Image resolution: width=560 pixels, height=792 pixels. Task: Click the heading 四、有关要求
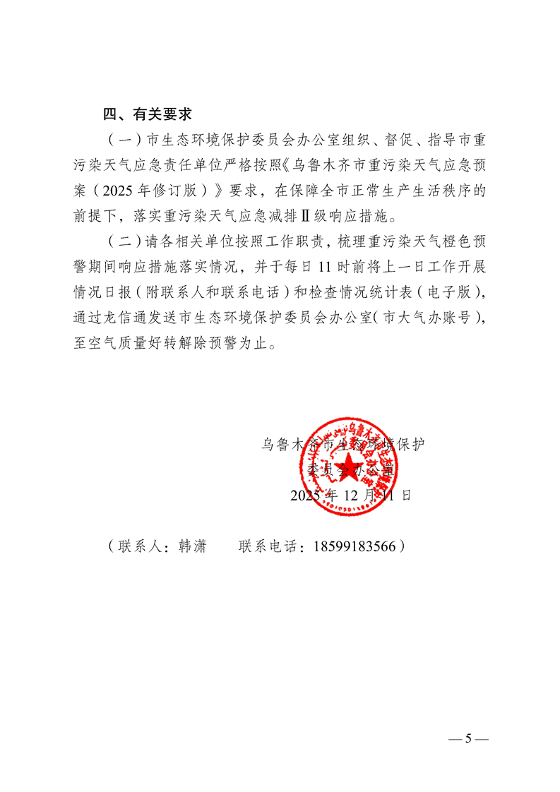148,114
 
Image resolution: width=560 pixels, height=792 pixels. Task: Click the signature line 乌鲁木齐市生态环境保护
343,445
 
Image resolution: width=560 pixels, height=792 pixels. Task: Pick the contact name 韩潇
190,546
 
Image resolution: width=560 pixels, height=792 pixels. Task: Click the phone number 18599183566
352,546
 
